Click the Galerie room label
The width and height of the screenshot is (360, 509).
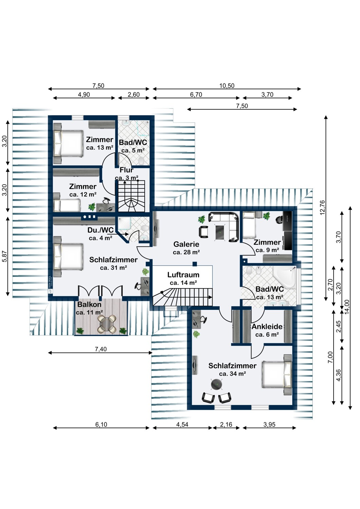pos(186,244)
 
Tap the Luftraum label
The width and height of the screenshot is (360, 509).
pos(183,275)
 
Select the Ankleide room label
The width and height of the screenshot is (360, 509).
pos(267,327)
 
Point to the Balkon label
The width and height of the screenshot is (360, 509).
pos(89,304)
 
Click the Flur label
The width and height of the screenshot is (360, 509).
pos(126,170)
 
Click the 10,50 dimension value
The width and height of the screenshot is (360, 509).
pos(227,86)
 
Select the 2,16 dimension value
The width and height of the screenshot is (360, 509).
pos(226,425)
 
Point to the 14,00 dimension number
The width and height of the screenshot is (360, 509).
pos(347,307)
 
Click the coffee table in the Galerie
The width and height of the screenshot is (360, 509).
pos(220,231)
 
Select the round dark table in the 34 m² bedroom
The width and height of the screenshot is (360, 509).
pos(216,384)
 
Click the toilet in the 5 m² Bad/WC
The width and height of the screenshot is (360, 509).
pos(141,161)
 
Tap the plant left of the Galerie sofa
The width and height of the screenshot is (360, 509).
pos(201,220)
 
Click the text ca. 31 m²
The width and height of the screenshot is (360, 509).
pos(113,268)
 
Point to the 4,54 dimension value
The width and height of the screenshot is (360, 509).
pos(182,425)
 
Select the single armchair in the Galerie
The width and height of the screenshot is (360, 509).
pos(204,232)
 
